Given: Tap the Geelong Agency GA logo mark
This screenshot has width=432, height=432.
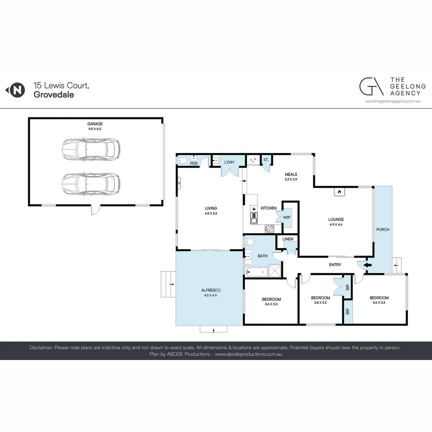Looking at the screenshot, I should [369, 86].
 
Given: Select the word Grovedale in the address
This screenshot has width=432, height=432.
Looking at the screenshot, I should [54, 95].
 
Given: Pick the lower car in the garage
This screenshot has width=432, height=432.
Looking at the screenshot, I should [91, 184].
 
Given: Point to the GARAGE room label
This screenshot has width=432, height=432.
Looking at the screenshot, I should [95, 124].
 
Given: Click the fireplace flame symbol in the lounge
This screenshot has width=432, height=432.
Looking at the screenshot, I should [339, 192].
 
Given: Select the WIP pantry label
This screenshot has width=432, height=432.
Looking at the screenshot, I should [286, 217].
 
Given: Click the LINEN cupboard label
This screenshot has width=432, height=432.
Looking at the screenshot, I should [288, 239].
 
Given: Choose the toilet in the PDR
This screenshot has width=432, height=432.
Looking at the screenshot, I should [182, 161].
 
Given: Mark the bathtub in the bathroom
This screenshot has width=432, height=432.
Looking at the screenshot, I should [256, 272].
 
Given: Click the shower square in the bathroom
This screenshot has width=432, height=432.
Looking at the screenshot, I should [275, 271].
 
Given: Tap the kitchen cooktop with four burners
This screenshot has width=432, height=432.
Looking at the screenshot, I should [270, 229].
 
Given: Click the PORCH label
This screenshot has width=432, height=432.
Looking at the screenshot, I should [383, 230].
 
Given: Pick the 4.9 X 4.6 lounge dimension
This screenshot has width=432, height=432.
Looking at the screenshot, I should [336, 224].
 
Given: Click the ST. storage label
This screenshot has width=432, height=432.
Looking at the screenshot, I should [266, 160].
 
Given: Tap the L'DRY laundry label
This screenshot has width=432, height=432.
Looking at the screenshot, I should [230, 162].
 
